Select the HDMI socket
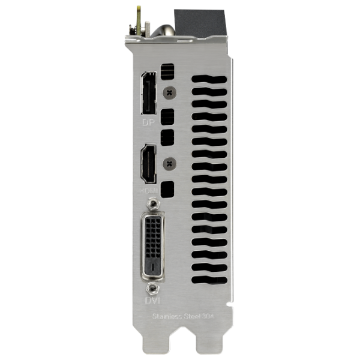click(148, 164)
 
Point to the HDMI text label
click(148, 190)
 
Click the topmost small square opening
click(169, 71)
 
